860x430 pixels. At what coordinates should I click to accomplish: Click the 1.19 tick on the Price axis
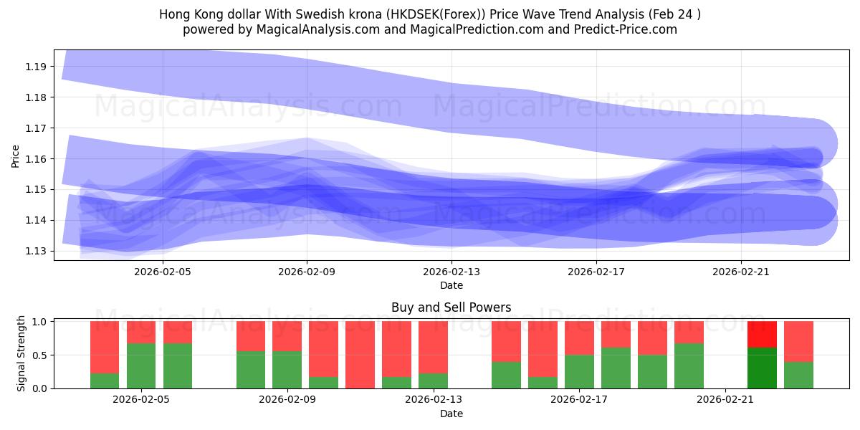[36, 67]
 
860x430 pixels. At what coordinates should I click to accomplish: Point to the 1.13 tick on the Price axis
[36, 251]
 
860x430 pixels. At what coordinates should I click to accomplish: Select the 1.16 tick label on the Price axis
[36, 158]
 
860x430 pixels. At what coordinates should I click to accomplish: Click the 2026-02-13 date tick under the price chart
[451, 272]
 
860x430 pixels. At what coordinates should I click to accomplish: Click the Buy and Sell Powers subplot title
[451, 307]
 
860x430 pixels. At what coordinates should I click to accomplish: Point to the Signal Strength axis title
[21, 353]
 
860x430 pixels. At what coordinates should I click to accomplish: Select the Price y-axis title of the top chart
[16, 156]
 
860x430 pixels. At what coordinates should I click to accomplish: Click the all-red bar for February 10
[360, 355]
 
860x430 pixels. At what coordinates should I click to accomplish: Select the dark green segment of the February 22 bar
[762, 368]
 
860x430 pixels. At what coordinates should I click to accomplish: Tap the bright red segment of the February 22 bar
[762, 335]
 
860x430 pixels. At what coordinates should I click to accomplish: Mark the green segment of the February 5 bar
[141, 365]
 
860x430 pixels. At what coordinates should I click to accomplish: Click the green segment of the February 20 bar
[689, 365]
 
